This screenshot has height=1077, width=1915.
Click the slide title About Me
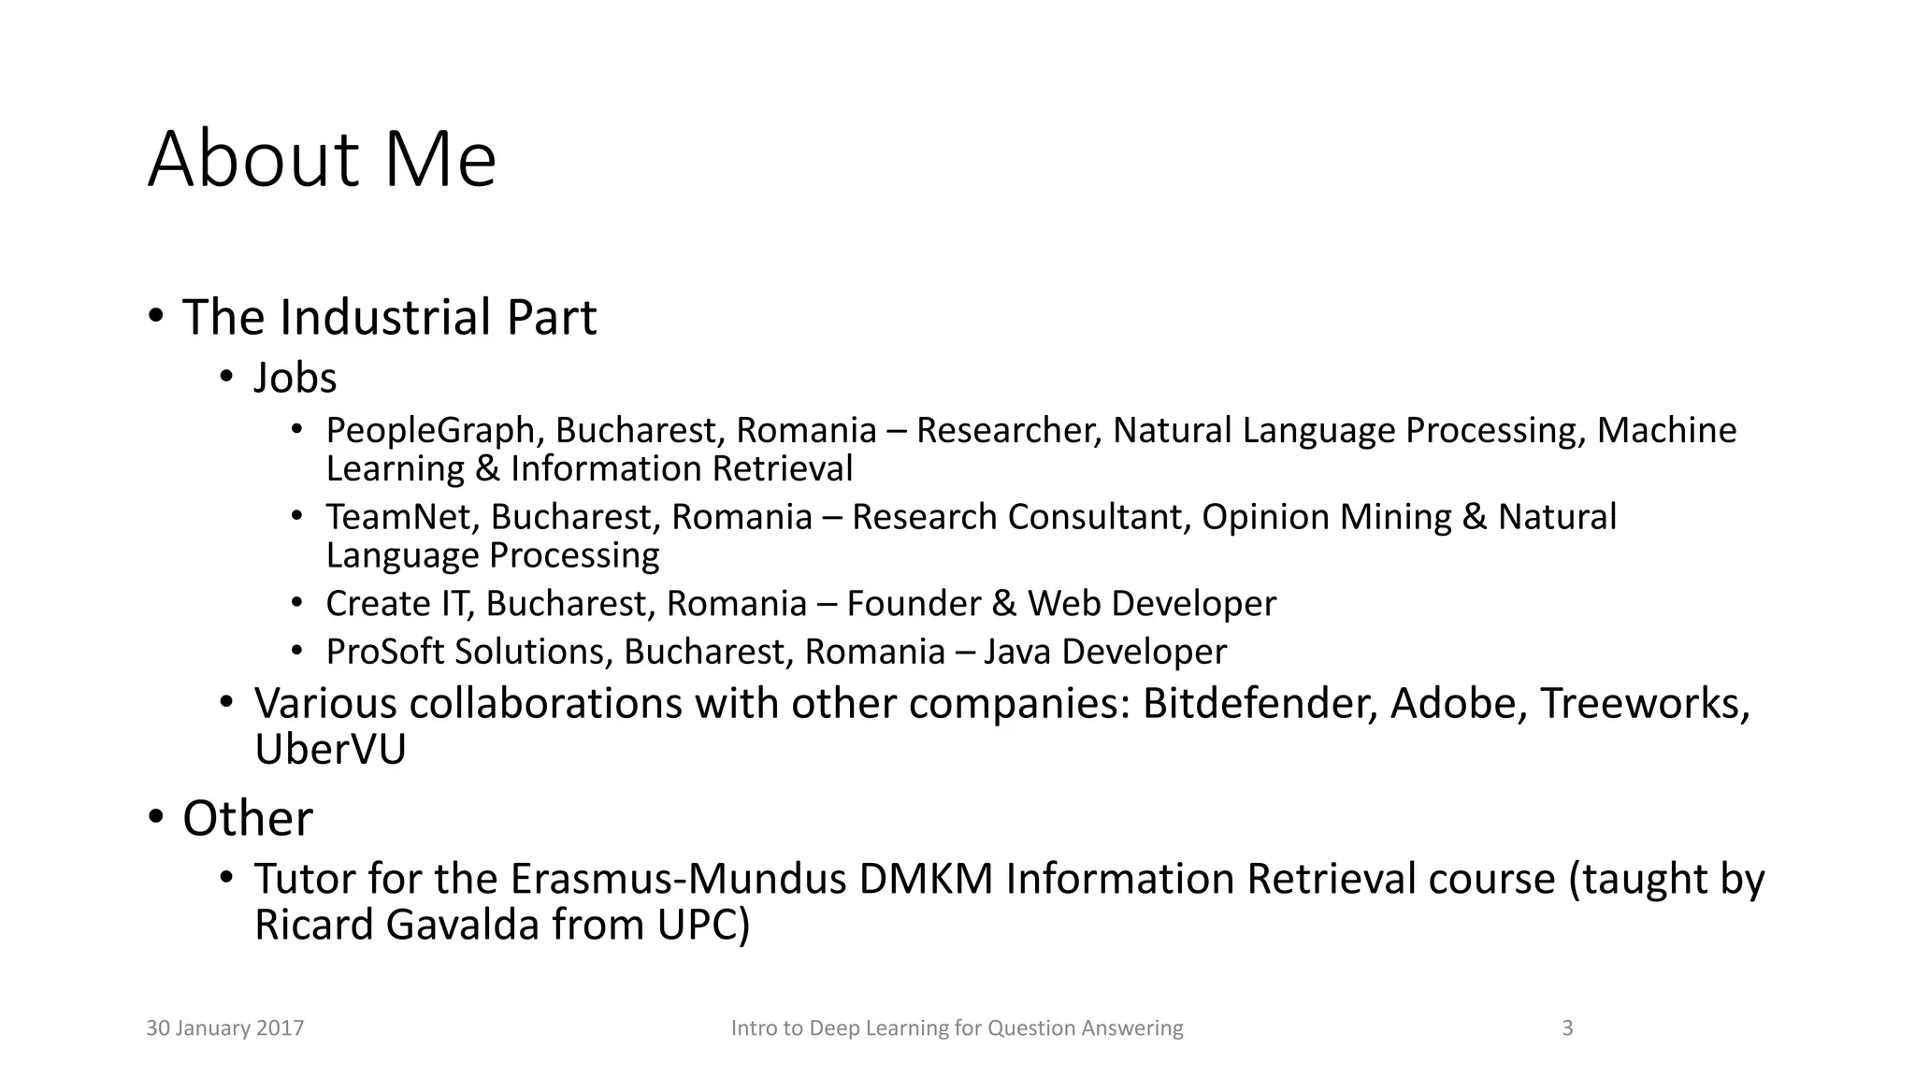pos(322,160)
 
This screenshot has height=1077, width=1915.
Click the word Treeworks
pos(1643,704)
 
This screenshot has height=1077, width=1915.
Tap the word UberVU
pos(330,750)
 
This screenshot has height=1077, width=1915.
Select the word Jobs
pos(295,379)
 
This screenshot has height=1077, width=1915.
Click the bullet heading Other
pos(248,819)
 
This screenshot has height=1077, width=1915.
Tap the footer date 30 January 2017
pos(225,1028)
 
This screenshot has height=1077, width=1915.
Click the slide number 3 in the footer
pos(1568,1028)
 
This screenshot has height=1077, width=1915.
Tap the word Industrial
pos(386,318)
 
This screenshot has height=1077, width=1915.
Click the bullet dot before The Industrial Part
pos(156,316)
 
